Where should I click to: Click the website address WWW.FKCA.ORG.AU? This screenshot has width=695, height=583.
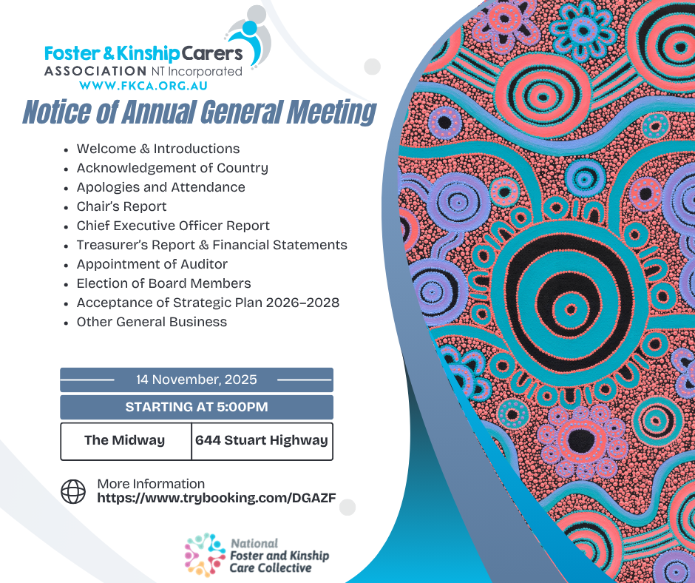coord(143,86)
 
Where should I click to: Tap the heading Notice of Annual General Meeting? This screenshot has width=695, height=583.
coord(199,112)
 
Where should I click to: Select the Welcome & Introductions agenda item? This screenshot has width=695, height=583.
coord(157,149)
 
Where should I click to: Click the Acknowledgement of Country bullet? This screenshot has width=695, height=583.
coord(172,168)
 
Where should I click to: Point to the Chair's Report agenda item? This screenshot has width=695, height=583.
coord(121,206)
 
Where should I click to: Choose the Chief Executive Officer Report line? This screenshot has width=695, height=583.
coord(173,226)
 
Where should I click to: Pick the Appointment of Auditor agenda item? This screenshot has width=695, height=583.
coord(152,264)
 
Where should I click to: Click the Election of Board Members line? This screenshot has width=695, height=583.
coord(163,283)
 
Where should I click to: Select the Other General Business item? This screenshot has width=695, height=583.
coord(152,322)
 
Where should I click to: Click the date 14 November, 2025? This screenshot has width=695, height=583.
coord(197,380)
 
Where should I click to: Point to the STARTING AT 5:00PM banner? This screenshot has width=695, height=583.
coord(197,408)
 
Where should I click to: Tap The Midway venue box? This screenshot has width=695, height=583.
coord(126,441)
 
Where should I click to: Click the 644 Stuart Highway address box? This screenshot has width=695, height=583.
coord(262,441)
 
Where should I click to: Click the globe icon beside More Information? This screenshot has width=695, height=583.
coord(73,491)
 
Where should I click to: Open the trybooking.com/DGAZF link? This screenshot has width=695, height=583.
coord(217,498)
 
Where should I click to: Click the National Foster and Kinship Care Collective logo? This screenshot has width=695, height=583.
coord(257,555)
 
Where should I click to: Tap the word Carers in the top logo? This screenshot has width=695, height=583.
coord(212,54)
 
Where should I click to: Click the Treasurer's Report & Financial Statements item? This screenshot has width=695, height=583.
coord(212,245)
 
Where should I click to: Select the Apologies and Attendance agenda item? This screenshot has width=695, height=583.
coord(161,187)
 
